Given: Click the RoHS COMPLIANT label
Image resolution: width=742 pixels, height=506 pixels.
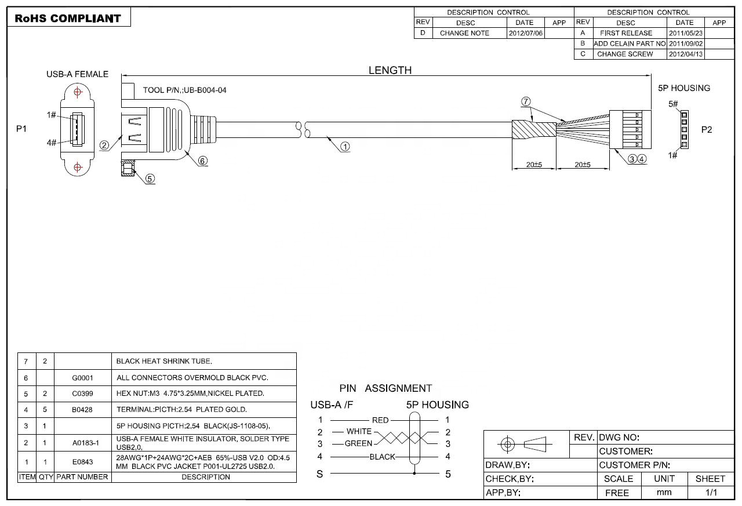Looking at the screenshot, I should coord(68,18).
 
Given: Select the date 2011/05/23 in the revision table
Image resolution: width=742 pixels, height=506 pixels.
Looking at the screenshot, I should coord(685,33).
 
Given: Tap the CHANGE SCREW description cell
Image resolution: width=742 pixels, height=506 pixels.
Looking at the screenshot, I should coord(625,54).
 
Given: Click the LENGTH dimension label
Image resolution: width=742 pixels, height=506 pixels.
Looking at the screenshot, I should coord(390,70).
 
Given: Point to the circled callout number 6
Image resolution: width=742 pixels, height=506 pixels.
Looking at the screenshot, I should coord(203,161).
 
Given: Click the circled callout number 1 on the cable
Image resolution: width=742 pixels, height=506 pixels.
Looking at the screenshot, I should coord(345,147).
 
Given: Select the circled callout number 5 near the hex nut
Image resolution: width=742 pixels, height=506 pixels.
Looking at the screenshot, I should coord(150,179).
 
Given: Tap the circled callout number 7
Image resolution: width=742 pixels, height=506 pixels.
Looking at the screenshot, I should coord(526,101).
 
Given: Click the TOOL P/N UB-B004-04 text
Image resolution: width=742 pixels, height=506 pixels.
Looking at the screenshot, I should coord(184,90).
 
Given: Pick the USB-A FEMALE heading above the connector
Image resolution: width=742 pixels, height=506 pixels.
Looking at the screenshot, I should coord(77,74).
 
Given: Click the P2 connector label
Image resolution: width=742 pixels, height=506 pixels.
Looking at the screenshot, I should coord(707,129).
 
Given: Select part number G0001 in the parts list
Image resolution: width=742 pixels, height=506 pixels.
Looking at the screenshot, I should coord(82,377).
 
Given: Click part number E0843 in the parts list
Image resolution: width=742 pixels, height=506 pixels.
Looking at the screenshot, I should coord(82,462).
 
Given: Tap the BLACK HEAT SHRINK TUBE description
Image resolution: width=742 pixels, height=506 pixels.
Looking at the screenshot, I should coord(164,361).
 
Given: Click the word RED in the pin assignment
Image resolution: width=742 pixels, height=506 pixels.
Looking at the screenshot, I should coord(380,420).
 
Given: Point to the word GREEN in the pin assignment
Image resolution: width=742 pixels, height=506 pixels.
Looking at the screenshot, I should coord(358,443).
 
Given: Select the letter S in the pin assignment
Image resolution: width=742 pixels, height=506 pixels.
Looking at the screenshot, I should coord(319,474).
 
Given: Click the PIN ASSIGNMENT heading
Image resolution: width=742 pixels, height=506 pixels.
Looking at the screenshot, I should coord(385,388).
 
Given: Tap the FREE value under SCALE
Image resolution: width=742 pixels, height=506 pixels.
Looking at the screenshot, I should coord(617,493).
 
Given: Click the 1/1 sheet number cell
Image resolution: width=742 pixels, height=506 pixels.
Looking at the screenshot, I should coord(711,493).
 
